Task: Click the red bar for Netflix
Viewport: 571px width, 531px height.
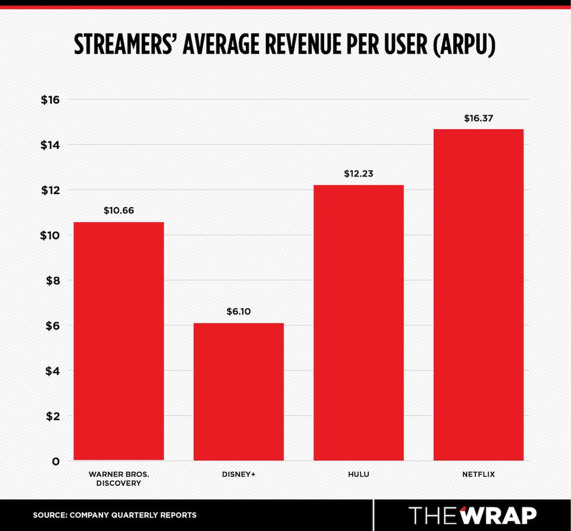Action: click(478, 295)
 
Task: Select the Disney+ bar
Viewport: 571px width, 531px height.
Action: click(239, 392)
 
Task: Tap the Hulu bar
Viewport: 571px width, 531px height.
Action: click(359, 323)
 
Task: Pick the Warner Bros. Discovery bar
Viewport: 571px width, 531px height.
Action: click(119, 341)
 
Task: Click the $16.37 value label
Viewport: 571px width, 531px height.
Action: click(478, 118)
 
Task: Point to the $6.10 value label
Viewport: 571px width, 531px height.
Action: click(239, 311)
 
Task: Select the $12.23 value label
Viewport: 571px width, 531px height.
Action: click(359, 173)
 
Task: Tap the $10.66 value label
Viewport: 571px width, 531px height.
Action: click(119, 210)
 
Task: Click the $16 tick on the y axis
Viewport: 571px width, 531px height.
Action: click(50, 100)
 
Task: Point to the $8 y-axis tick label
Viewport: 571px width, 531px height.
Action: click(52, 281)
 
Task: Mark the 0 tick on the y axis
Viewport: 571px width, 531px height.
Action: click(56, 461)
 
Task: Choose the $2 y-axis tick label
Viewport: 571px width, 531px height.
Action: click(52, 416)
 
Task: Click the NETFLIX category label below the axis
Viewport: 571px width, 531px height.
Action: click(478, 474)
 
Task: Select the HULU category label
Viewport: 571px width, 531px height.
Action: click(359, 474)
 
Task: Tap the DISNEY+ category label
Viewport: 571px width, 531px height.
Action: click(239, 474)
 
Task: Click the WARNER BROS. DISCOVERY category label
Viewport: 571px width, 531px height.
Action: click(119, 479)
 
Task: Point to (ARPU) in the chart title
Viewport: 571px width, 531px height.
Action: click(464, 45)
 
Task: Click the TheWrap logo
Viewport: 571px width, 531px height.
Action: click(472, 515)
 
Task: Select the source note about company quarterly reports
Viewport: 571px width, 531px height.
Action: click(115, 515)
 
